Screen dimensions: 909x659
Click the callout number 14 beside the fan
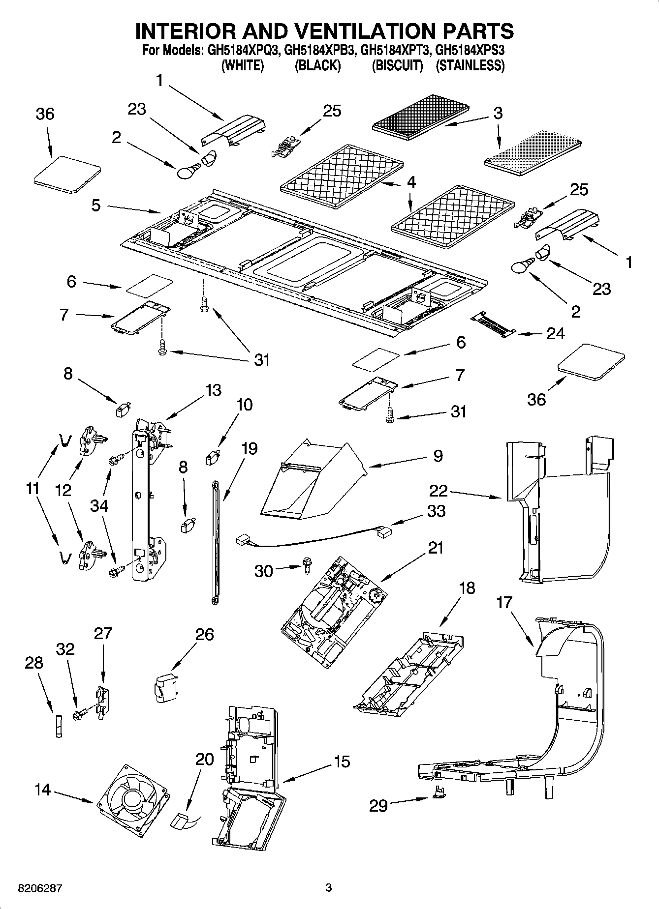point(43,790)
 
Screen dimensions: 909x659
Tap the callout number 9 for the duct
point(438,456)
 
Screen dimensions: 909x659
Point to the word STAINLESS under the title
point(471,65)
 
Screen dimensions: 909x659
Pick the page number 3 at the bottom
point(329,888)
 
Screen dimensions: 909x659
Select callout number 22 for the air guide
point(439,490)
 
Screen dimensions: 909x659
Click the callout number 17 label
point(504,602)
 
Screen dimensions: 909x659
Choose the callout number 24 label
point(556,333)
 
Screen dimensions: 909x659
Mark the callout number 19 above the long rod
point(250,448)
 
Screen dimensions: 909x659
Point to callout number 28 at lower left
point(34,663)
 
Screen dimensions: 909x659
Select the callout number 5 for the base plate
point(95,205)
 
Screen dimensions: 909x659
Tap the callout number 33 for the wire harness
point(436,511)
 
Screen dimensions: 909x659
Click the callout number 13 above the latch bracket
point(213,390)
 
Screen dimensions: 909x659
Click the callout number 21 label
point(435,547)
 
